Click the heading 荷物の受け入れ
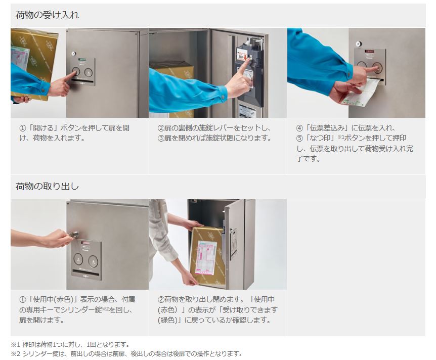[47, 15]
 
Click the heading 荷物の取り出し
[47, 186]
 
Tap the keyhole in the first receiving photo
[73, 54]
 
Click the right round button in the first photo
[89, 72]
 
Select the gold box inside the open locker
[173, 83]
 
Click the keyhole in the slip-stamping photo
[359, 43]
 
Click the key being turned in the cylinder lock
[74, 234]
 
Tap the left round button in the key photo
[78, 259]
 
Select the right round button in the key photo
[93, 261]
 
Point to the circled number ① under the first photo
[22, 128]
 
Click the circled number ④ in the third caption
[299, 128]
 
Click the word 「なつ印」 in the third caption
[320, 138]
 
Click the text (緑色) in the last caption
[167, 320]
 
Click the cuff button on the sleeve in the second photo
[223, 97]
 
